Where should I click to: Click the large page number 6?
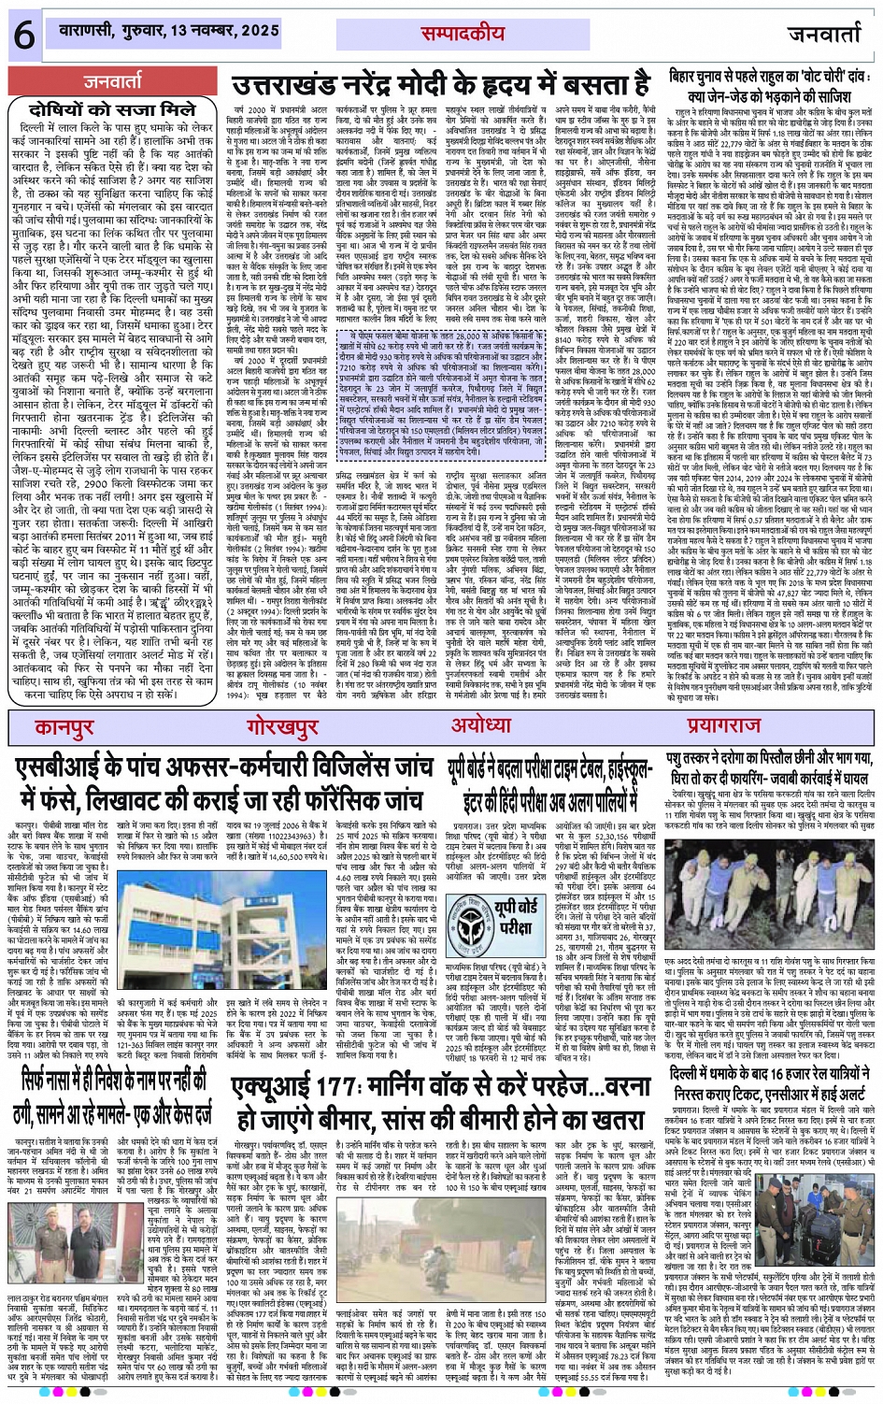tap(22, 35)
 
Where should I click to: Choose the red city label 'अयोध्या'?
tap(479, 726)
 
